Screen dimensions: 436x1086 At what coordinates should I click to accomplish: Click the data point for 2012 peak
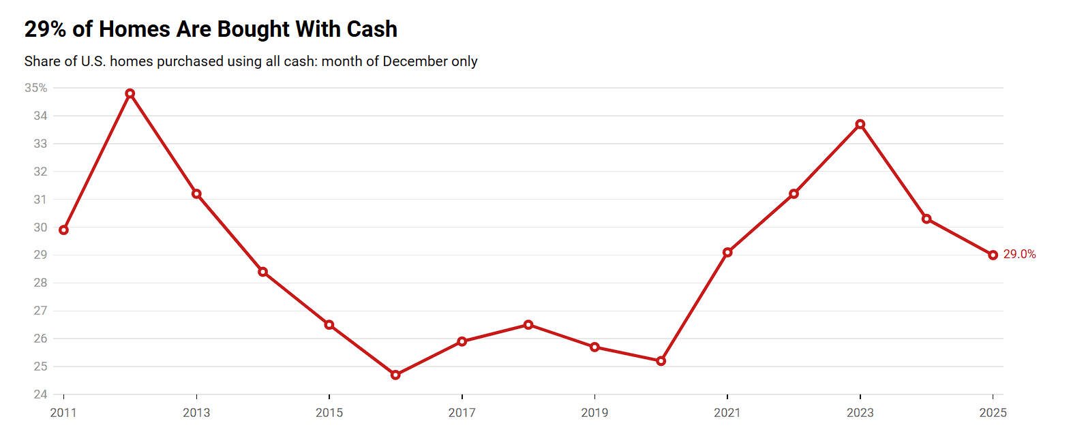pos(130,93)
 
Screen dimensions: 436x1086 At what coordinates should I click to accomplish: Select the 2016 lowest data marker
pos(395,375)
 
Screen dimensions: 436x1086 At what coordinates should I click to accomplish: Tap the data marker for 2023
pos(860,124)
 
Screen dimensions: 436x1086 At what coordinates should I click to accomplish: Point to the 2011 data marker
pos(63,230)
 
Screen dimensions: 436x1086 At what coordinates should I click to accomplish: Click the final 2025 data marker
pos(993,255)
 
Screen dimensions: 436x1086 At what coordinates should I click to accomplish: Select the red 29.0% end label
pos(1019,254)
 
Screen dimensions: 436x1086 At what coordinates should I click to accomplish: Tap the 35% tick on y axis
pos(35,88)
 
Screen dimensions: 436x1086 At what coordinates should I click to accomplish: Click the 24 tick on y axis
pos(40,394)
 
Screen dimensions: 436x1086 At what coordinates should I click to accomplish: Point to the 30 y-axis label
pos(40,227)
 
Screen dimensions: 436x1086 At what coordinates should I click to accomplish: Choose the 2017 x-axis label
pos(462,413)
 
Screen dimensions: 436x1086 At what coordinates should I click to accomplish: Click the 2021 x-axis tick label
pos(727,413)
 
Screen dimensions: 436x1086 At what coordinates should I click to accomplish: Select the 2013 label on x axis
pos(196,413)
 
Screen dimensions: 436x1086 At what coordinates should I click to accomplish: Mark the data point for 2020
pos(661,361)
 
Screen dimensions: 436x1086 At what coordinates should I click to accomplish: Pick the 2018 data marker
pos(528,324)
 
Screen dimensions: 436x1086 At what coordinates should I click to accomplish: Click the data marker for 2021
pos(727,252)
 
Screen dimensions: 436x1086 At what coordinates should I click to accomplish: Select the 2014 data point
pos(262,272)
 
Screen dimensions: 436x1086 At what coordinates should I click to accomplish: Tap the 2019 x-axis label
pos(594,413)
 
